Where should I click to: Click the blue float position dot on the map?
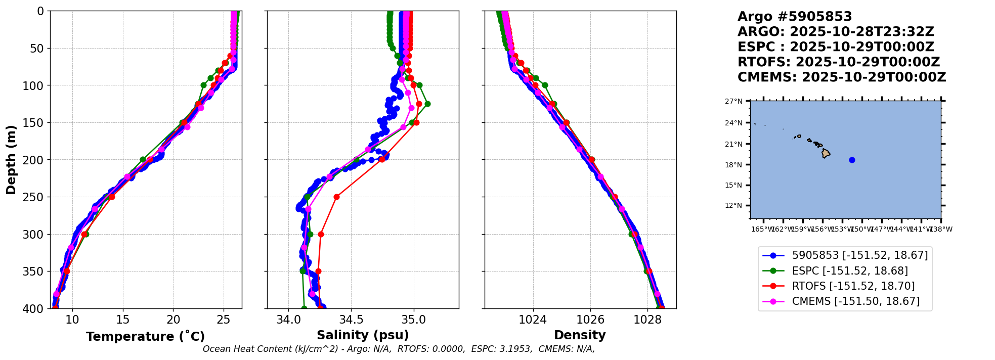(852, 160)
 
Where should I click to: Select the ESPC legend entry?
(850, 271)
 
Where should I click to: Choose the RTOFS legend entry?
(853, 286)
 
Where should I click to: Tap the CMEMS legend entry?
(855, 301)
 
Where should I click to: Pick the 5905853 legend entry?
(859, 255)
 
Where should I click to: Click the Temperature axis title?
(145, 336)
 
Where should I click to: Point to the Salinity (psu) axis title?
(363, 335)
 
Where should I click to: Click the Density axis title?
(580, 335)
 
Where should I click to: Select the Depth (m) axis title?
(11, 159)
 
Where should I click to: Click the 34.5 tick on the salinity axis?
(351, 320)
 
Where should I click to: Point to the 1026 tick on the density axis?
(590, 320)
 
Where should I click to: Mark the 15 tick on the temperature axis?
(123, 320)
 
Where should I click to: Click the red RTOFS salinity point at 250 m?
(336, 197)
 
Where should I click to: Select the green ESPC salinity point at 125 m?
(427, 104)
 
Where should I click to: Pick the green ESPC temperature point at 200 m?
(143, 159)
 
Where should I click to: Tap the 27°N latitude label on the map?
(733, 102)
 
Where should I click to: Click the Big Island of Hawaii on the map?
(826, 153)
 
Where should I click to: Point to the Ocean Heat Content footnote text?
(399, 349)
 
